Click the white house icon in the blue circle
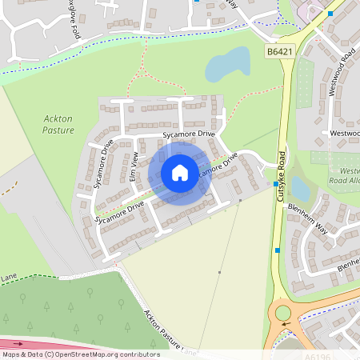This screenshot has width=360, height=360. (180, 172)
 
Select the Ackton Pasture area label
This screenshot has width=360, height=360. (58, 124)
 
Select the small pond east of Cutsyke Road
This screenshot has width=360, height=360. (301, 189)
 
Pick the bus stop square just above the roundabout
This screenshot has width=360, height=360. (277, 250)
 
